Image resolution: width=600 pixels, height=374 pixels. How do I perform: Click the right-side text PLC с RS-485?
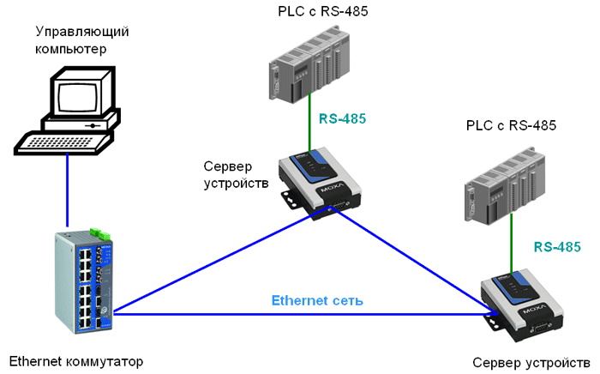pyautogui.click(x=512, y=125)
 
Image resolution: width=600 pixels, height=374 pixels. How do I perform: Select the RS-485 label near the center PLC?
pyautogui.click(x=343, y=118)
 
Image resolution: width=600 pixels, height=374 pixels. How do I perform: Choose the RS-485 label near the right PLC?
pyautogui.click(x=556, y=246)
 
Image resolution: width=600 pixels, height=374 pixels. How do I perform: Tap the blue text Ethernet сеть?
pyautogui.click(x=317, y=301)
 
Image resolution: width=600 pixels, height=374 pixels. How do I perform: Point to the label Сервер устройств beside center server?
pyautogui.click(x=237, y=174)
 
